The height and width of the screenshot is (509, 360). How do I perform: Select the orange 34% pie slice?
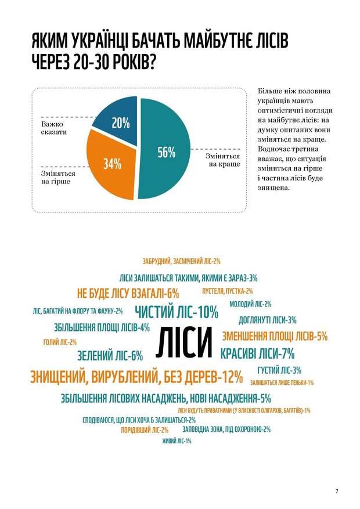(111, 164)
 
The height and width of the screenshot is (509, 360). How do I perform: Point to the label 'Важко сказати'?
(54, 128)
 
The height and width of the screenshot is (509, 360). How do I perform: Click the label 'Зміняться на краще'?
(222, 160)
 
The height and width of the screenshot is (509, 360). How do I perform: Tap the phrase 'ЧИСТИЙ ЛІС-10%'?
(176, 312)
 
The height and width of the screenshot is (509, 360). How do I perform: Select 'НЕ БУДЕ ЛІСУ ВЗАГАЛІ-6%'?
(128, 293)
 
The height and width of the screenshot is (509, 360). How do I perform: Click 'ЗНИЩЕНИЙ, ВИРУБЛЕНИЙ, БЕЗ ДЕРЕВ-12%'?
(135, 377)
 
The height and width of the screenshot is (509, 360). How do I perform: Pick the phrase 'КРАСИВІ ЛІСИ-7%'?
(257, 353)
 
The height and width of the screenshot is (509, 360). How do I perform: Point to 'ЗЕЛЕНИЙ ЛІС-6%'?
(110, 356)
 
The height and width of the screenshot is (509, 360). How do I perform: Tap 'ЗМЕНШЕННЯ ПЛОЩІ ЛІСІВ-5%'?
(275, 335)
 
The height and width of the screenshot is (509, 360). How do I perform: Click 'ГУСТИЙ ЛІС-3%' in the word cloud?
(279, 370)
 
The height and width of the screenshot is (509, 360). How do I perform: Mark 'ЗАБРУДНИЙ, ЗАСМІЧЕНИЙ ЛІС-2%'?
(181, 261)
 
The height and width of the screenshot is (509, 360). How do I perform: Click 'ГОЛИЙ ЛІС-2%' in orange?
(60, 342)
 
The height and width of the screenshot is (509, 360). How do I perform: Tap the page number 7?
(337, 491)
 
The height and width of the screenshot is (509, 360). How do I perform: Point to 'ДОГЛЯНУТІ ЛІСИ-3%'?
(268, 319)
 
